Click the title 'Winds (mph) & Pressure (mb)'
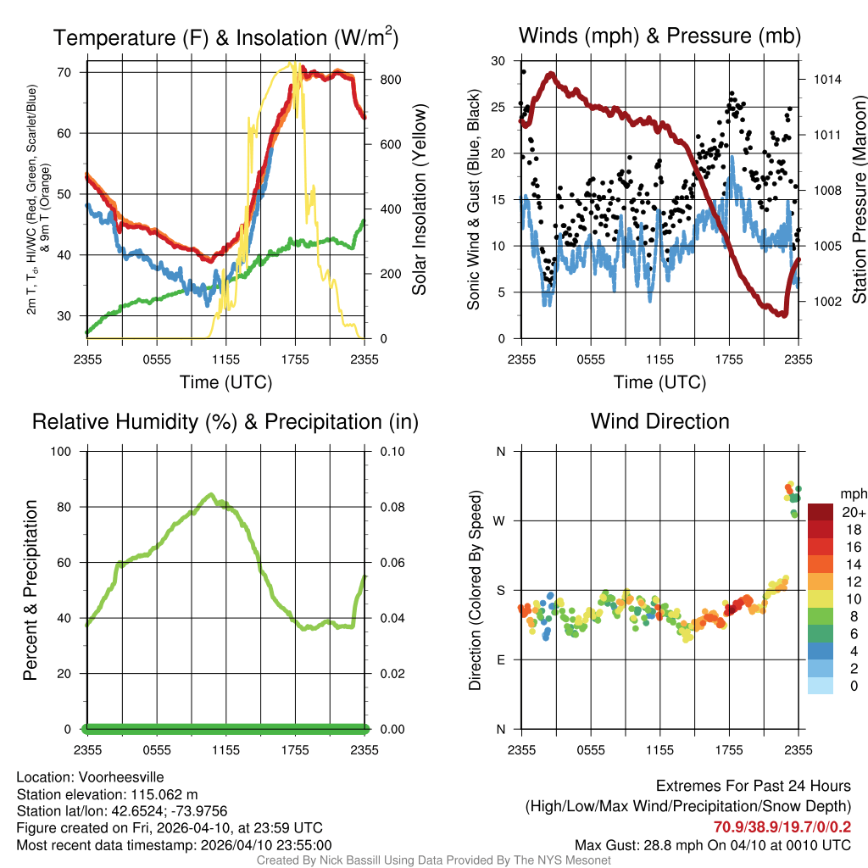[659, 36]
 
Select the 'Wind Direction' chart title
[659, 421]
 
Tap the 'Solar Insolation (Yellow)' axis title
[420, 199]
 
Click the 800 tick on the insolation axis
[391, 80]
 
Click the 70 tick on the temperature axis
[64, 72]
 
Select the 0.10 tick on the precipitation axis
[392, 451]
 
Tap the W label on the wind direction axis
[500, 520]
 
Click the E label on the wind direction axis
[501, 659]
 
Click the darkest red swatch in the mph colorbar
[821, 511]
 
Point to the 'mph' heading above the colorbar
[852, 493]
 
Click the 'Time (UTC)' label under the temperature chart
[226, 382]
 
